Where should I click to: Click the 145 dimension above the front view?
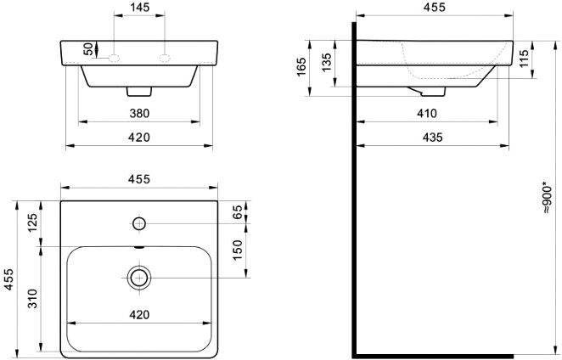click(139, 7)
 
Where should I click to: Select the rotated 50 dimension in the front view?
click(88, 48)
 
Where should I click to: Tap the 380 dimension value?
click(139, 113)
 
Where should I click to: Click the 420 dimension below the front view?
click(139, 138)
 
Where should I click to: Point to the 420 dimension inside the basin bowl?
click(139, 314)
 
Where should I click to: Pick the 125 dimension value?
click(32, 222)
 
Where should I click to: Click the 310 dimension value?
click(32, 298)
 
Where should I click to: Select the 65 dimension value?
click(238, 212)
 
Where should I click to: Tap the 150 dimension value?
click(238, 250)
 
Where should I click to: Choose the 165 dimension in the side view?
click(301, 66)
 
